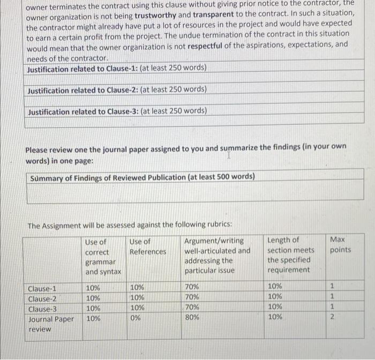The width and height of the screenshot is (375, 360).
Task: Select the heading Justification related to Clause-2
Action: [83, 90]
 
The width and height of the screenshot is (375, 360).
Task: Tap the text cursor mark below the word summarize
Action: [229, 155]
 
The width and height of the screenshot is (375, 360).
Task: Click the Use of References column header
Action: [148, 246]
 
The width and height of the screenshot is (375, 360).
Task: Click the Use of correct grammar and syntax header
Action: [103, 257]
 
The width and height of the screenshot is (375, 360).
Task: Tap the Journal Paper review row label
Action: [50, 324]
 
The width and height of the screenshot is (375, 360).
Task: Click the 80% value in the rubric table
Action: [191, 318]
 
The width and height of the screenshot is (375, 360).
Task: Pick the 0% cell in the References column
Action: [136, 318]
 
